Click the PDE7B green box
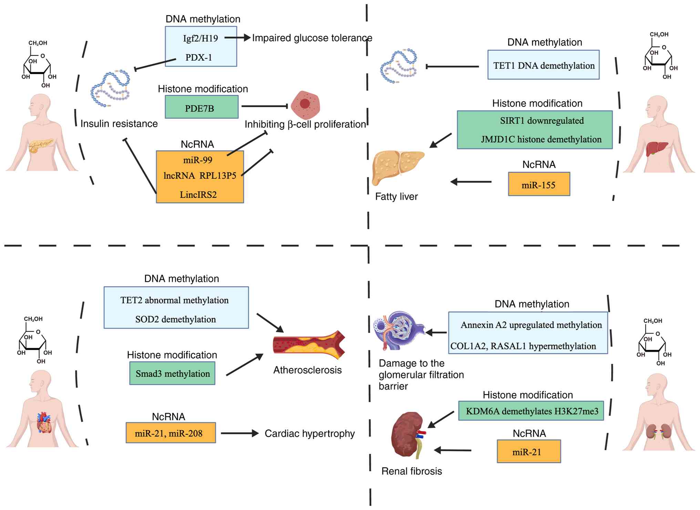coord(202,107)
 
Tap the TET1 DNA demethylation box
coord(543,65)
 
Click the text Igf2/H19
coord(200,38)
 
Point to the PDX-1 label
coord(199,57)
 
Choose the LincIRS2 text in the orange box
coord(198,195)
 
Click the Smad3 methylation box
coord(172,373)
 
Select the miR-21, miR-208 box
coord(171,433)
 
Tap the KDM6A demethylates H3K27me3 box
coord(531,411)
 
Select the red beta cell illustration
coord(305,104)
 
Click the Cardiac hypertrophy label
coord(309,433)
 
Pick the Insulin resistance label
coord(119,124)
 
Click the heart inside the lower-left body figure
coord(44,422)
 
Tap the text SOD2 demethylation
coord(175,319)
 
